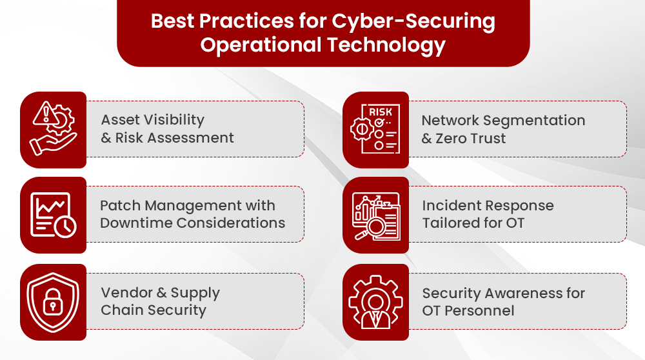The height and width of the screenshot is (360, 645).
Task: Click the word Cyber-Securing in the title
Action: point(413,21)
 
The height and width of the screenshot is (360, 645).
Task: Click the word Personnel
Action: point(479,310)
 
